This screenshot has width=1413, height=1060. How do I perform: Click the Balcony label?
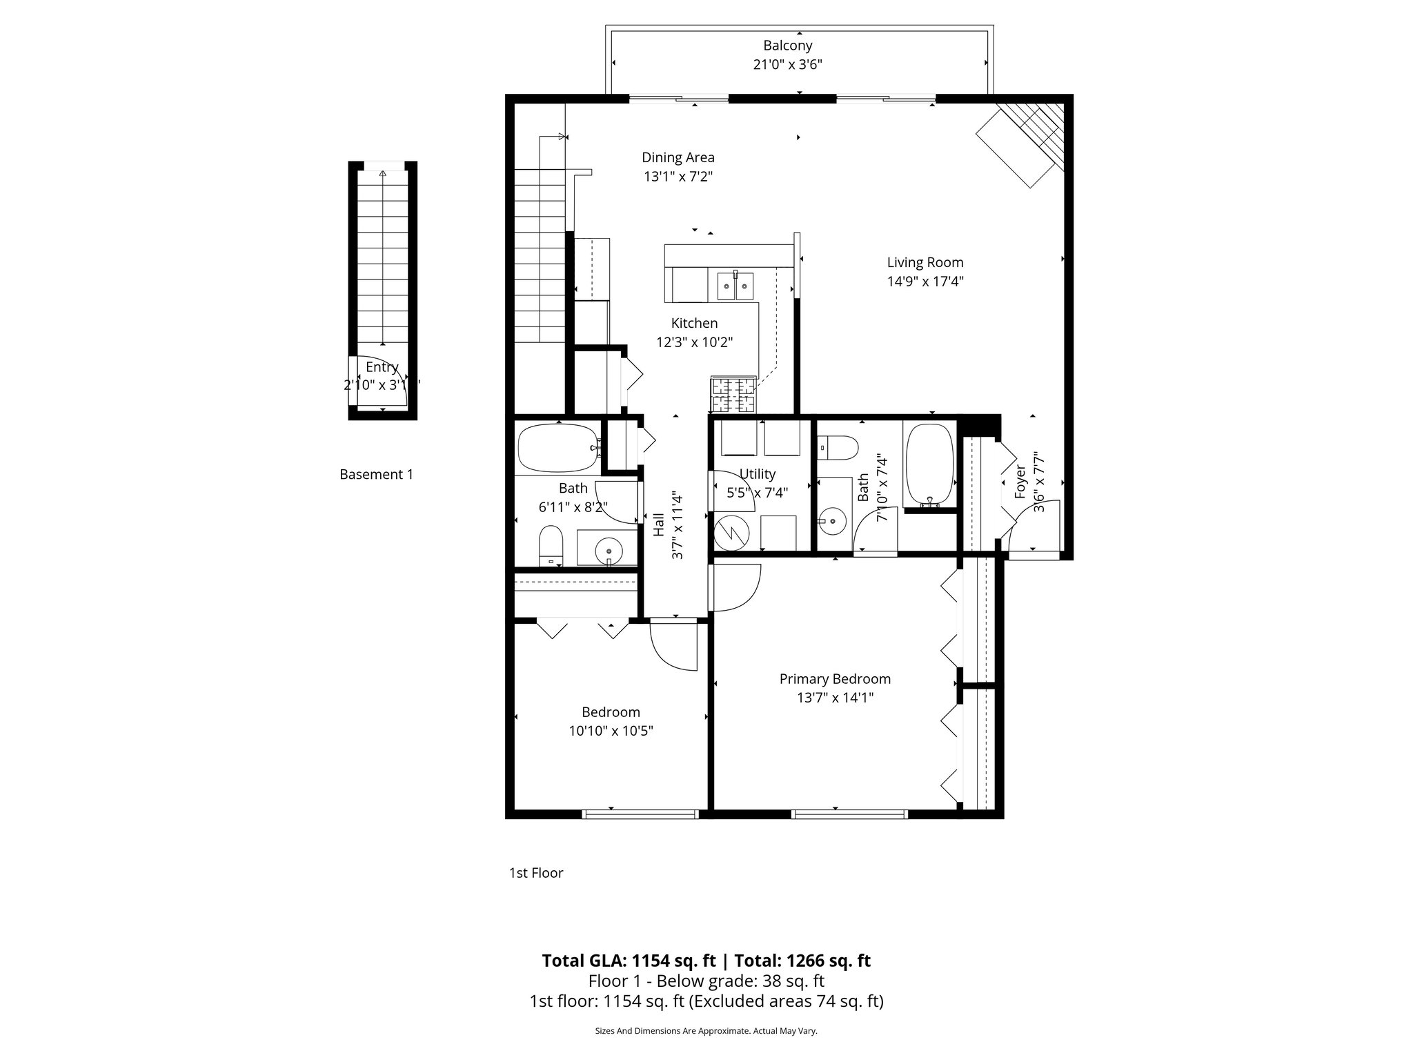[787, 46]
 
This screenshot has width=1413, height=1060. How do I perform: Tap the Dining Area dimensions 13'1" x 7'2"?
[678, 177]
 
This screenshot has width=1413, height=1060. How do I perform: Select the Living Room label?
[925, 262]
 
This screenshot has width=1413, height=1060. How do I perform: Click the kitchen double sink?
[735, 286]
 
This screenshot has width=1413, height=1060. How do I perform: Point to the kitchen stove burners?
[733, 395]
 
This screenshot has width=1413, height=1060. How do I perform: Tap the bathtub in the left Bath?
[558, 448]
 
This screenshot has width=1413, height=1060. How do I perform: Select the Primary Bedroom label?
[835, 679]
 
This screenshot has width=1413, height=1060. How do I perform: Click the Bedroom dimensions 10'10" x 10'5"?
[611, 731]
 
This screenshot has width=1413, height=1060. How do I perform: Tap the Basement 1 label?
[376, 475]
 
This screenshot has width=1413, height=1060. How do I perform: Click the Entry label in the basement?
[382, 367]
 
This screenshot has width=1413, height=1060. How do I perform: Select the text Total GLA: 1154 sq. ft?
[629, 961]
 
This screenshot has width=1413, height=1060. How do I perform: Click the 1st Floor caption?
[536, 873]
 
